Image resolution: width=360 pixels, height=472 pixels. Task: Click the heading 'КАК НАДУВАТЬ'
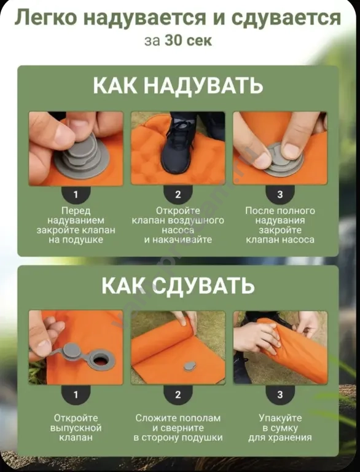point(178,85)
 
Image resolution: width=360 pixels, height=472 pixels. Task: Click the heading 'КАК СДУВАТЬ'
point(178,286)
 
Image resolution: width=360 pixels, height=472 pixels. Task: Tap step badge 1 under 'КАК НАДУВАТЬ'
point(76,194)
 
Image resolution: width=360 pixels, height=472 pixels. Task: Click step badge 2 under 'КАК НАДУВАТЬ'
point(178,194)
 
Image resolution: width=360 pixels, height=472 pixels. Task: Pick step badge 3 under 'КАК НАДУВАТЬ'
point(280,194)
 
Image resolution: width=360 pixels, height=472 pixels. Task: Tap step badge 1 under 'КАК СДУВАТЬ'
point(76,394)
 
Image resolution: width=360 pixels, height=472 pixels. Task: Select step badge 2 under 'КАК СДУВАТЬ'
point(178,394)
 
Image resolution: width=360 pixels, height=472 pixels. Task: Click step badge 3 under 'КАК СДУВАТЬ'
point(280,394)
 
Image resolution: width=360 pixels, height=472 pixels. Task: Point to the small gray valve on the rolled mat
point(190,366)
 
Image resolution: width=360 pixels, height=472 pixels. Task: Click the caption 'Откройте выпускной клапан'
point(76,428)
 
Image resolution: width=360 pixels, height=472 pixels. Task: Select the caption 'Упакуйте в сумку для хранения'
point(280,428)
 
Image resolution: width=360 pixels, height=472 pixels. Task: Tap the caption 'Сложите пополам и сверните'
point(178,423)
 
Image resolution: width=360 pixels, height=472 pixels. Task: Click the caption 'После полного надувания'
point(280,215)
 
